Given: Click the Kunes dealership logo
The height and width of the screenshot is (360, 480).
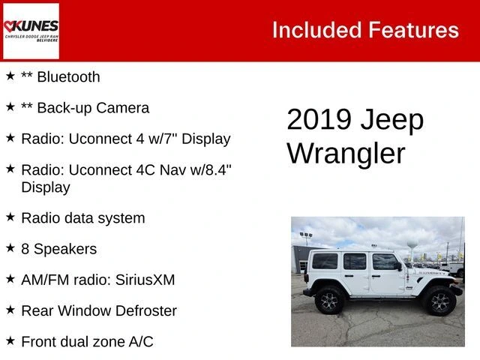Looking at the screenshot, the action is (x=31, y=31).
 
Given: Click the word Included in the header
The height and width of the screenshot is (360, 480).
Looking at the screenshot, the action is (x=316, y=30).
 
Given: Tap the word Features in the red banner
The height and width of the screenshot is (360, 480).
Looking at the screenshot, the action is (x=413, y=30).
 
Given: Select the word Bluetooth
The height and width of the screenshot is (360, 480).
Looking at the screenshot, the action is (x=68, y=76).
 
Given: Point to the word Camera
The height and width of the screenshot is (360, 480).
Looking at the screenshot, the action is (x=123, y=108).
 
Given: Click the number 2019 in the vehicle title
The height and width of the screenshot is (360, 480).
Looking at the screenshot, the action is (x=319, y=119).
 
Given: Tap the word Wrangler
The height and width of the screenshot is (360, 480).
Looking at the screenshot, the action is (x=346, y=154).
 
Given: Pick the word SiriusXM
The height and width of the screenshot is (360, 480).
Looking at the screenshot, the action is (x=145, y=280).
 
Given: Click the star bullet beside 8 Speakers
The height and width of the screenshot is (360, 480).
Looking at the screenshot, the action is (x=10, y=248).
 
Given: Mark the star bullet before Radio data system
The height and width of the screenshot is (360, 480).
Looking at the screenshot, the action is (x=10, y=217).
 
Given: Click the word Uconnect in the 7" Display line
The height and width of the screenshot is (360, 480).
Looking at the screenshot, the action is (x=99, y=139).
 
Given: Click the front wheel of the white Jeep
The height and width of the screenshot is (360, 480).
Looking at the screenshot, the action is (x=439, y=301).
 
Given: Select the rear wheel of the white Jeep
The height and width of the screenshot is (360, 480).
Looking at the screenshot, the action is (x=329, y=301).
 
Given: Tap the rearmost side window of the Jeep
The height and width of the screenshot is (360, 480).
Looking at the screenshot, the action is (x=325, y=261).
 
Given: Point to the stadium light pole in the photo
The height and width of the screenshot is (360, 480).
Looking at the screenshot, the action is (x=306, y=239).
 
